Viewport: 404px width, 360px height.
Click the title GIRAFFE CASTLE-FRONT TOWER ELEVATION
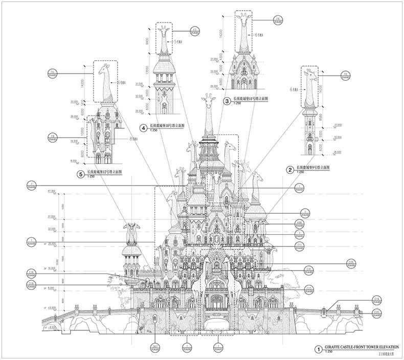tap(358, 348)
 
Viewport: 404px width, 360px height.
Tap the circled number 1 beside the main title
tap(318, 350)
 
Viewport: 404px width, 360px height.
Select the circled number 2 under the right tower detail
tap(290, 169)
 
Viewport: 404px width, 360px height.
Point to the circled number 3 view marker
tap(227, 101)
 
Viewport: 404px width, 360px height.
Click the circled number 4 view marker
tap(144, 128)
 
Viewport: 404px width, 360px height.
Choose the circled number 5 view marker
tap(80, 174)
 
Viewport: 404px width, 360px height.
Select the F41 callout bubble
tap(308, 268)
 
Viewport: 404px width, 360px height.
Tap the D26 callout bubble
tap(308, 264)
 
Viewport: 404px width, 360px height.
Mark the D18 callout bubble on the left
tap(32, 284)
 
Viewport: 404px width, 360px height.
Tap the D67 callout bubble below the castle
tap(155, 348)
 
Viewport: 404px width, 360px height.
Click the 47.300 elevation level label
tap(51, 191)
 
